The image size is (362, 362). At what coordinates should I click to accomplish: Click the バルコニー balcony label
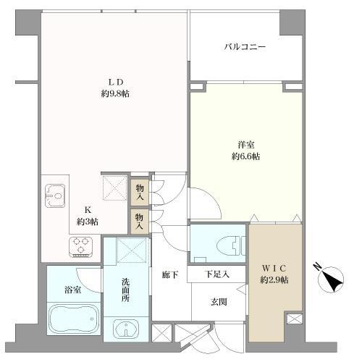[244, 47]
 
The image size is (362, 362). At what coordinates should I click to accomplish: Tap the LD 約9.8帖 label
[115, 87]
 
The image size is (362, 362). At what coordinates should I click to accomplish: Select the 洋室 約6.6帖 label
[245, 151]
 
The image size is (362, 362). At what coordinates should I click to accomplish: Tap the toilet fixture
[221, 245]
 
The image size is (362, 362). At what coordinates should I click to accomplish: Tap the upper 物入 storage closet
[140, 190]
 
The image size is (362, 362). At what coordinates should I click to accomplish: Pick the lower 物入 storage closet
[140, 219]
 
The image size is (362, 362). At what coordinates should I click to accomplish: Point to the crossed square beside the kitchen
[114, 188]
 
